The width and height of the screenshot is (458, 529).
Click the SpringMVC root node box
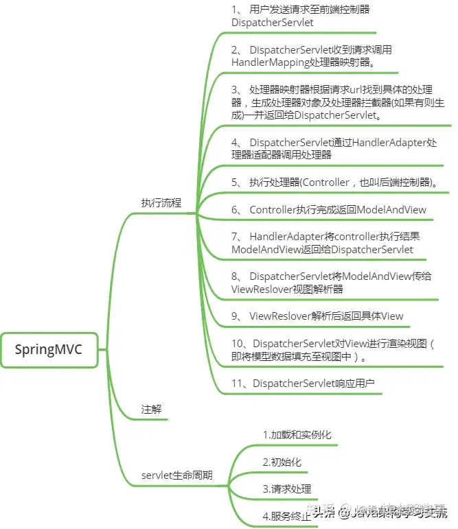pos(49,350)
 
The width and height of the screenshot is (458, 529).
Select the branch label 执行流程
pos(161,202)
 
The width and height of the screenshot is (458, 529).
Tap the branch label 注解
pos(151,409)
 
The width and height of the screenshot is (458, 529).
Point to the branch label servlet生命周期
pos(176,475)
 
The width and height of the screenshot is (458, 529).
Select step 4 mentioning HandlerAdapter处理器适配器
pos(334,149)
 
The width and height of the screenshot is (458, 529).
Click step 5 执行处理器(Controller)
pos(335,183)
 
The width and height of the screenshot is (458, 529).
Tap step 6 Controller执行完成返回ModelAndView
pos(328,210)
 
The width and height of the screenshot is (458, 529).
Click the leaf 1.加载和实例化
pos(297,435)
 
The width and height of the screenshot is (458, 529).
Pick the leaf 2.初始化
pos(282,462)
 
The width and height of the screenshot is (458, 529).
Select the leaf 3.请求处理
pos(287,489)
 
